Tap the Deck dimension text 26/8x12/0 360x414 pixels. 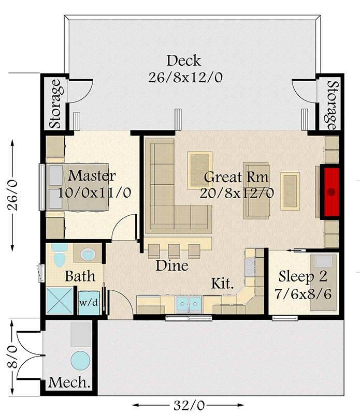click(184, 78)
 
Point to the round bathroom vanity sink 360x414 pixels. click(88, 255)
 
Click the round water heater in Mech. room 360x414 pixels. click(80, 360)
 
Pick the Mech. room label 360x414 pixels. click(69, 383)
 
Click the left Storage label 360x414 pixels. click(55, 104)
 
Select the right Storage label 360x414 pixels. click(332, 104)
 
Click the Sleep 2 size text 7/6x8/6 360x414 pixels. click(303, 294)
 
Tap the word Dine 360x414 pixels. click(172, 266)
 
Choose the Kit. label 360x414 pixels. click(222, 284)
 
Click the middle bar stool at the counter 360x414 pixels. click(175, 250)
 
